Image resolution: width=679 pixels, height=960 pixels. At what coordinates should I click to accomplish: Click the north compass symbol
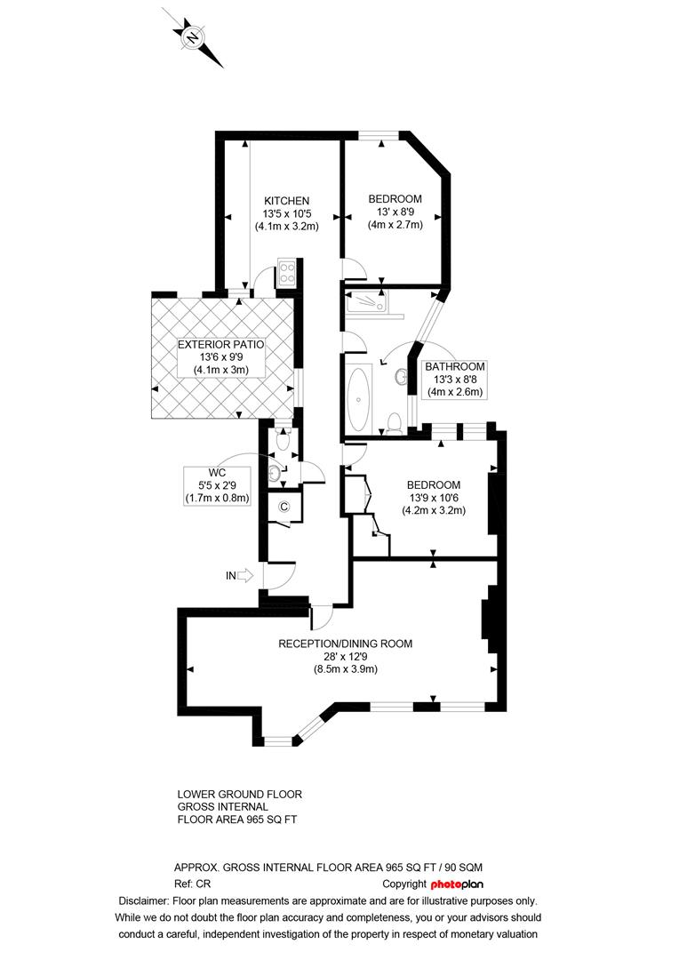point(193,37)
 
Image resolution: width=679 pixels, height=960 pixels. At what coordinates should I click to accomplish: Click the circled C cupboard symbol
point(284,507)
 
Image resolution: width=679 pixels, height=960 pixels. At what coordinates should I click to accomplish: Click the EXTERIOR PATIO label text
point(221,345)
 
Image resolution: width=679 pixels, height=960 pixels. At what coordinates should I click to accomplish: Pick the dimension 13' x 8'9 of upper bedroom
point(395,212)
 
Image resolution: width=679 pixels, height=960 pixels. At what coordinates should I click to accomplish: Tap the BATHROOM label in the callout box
point(455,366)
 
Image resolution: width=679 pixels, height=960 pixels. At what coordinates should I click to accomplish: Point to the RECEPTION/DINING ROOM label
point(346,644)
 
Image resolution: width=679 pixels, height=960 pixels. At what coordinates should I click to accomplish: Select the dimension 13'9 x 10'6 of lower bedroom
point(433,498)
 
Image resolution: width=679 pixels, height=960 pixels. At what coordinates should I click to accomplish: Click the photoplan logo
point(457,884)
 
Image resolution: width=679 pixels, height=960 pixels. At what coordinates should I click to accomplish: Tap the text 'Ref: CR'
point(193,884)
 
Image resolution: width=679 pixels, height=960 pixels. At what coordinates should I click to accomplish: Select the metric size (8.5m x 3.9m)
point(346,669)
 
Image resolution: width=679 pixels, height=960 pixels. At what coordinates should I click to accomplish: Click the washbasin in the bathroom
point(403,378)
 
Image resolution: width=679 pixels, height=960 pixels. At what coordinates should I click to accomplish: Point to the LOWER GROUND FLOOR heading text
point(240,794)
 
